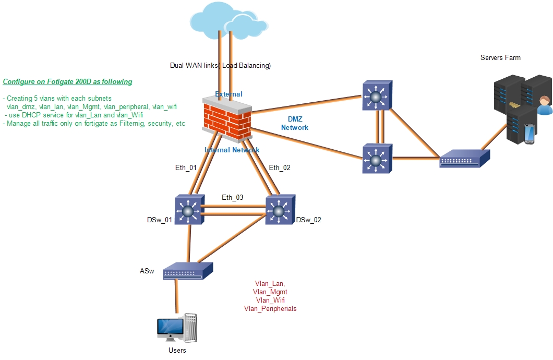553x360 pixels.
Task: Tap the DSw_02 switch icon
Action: (x=280, y=210)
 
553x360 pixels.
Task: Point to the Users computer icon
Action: (x=178, y=329)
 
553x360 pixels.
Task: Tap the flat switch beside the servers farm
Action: (x=464, y=158)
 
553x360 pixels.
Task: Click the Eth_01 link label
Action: (x=186, y=168)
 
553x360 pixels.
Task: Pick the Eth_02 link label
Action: (x=279, y=167)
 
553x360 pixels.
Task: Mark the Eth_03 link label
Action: (x=232, y=198)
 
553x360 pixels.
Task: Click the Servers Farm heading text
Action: (x=500, y=57)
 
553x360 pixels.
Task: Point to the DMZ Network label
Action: (x=295, y=124)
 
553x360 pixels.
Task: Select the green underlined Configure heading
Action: (x=67, y=82)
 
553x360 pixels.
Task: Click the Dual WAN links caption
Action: (x=220, y=66)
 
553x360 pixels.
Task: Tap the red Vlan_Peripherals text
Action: (x=270, y=309)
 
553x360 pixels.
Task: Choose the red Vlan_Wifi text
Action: (x=270, y=301)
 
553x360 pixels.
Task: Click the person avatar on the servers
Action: (x=544, y=105)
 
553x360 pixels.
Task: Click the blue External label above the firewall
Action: (x=229, y=94)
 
